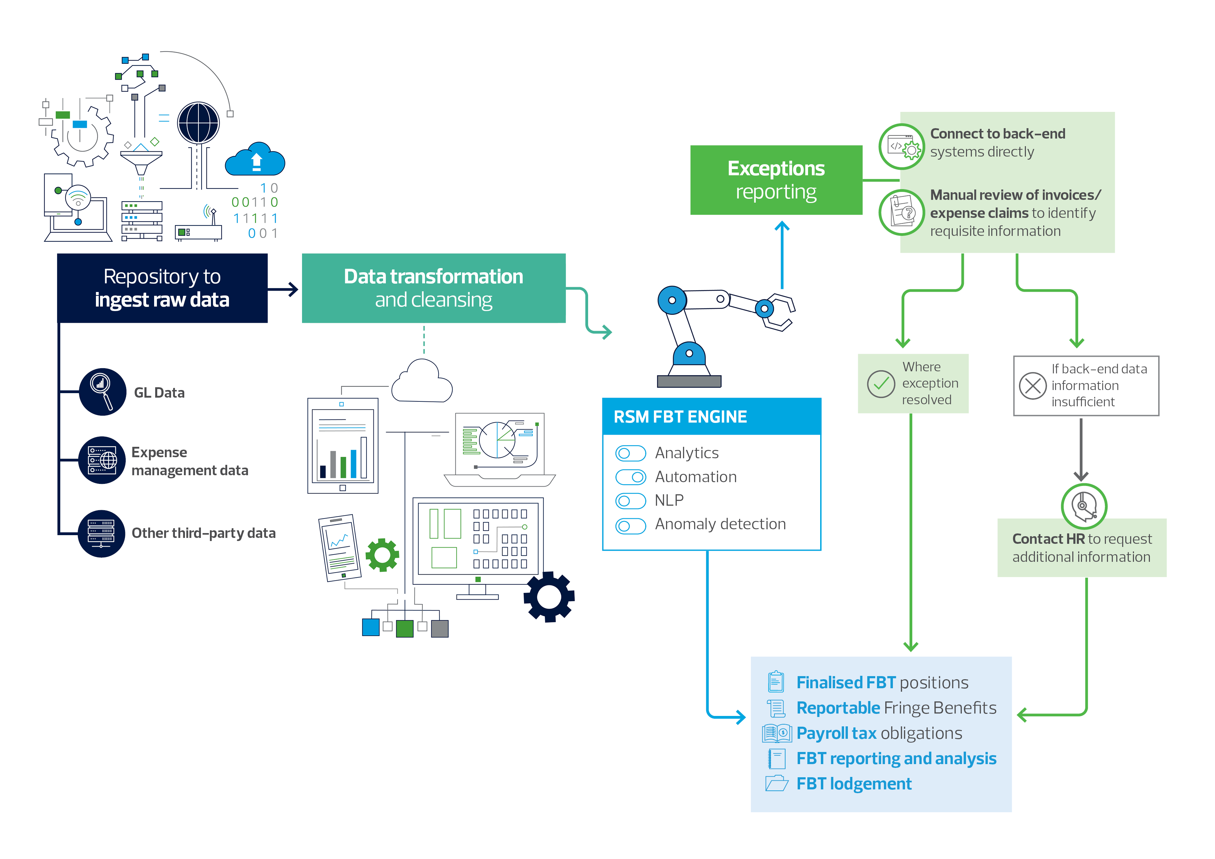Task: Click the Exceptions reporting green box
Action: pyautogui.click(x=776, y=180)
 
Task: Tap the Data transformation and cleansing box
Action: pyautogui.click(x=433, y=288)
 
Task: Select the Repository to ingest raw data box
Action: pyautogui.click(x=162, y=288)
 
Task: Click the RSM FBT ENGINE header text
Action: pyautogui.click(x=680, y=417)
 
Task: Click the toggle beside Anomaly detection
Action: pyautogui.click(x=630, y=525)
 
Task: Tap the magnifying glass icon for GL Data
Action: pyautogui.click(x=102, y=392)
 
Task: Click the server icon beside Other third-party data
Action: pyautogui.click(x=101, y=533)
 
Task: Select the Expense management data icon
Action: pyautogui.click(x=102, y=460)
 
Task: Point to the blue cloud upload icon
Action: pyautogui.click(x=255, y=160)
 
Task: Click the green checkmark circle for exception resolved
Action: pyautogui.click(x=880, y=384)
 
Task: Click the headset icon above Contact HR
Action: pyautogui.click(x=1084, y=506)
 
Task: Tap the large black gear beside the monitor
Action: pyautogui.click(x=549, y=596)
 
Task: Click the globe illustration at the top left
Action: pyautogui.click(x=198, y=123)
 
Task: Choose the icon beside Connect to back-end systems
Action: pyautogui.click(x=902, y=147)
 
